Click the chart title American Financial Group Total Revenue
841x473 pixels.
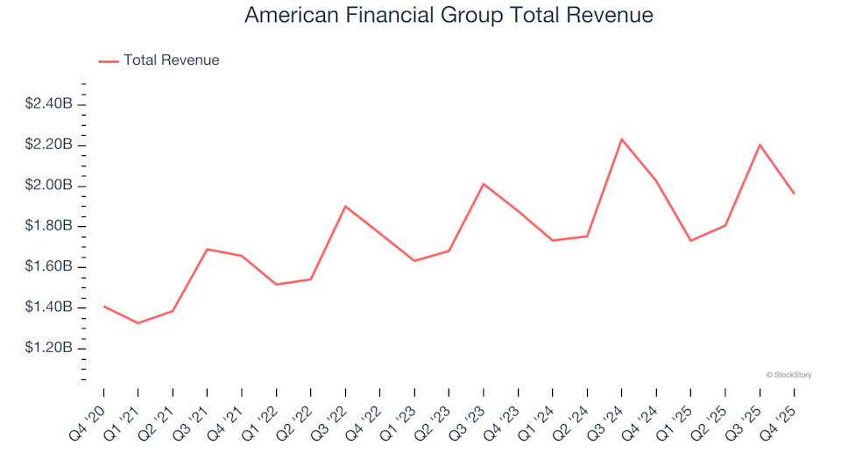[449, 15]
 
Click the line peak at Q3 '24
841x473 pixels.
[621, 139]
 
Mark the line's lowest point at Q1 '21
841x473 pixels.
[138, 323]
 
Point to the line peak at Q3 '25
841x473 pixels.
[760, 145]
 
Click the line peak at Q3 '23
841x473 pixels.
[484, 184]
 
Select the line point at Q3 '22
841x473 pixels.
[345, 207]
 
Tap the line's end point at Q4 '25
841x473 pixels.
[794, 194]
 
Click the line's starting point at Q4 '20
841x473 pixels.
[103, 307]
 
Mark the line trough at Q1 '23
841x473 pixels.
[414, 261]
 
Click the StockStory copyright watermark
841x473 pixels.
[788, 375]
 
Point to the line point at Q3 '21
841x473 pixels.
[207, 250]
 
